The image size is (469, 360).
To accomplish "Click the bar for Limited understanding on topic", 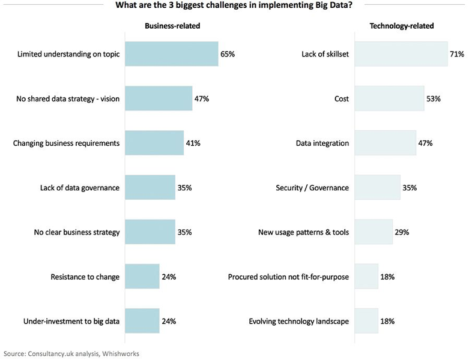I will click(x=171, y=54).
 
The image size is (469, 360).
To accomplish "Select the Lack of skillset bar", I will click(x=401, y=54).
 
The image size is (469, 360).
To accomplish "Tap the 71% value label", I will click(x=457, y=54).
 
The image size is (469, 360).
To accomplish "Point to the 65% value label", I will click(x=228, y=54).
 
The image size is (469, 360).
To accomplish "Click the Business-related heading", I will click(x=172, y=26).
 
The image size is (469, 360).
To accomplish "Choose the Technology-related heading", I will click(x=402, y=26).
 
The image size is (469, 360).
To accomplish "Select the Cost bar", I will click(x=389, y=98).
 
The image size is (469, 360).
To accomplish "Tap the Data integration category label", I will click(x=322, y=143).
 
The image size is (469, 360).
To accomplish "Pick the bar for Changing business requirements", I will click(x=153, y=143).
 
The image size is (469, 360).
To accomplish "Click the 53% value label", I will click(x=434, y=98).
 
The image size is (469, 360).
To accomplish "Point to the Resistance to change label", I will click(x=85, y=277).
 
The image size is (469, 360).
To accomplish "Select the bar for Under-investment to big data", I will click(x=142, y=321).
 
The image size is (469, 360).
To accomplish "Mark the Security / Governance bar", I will click(x=377, y=187).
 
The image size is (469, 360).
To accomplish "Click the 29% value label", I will click(x=402, y=232).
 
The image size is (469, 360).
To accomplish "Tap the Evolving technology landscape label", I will click(x=298, y=321).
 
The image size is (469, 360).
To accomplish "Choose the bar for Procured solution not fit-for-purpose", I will click(x=366, y=277).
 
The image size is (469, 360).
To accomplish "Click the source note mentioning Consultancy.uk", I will click(x=71, y=353).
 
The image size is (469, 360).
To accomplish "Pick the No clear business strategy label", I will click(x=76, y=232).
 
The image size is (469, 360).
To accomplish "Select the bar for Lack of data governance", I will click(x=150, y=187).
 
